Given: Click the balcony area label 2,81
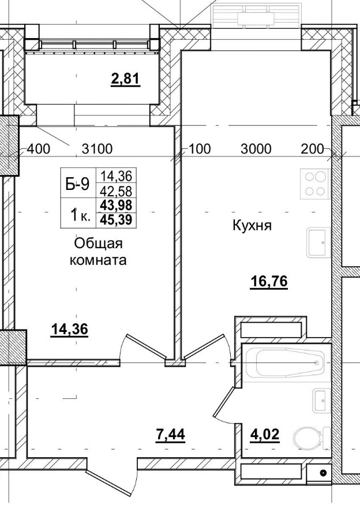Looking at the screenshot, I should tap(126, 79).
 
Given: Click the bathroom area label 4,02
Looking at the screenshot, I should tap(264, 433).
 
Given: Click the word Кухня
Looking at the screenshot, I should tap(251, 225).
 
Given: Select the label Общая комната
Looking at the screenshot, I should tap(98, 252).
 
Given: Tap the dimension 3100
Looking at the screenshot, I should tap(97, 149).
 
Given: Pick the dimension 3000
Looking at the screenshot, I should tap(256, 149).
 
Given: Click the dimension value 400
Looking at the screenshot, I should tap(39, 149).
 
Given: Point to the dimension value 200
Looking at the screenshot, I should tap(313, 149).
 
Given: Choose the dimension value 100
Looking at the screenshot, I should tap(200, 149).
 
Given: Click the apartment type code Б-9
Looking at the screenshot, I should tap(77, 185).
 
